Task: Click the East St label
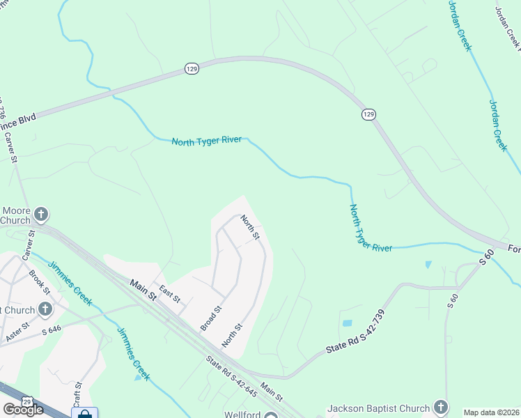[169, 294]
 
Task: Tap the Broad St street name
[210, 317]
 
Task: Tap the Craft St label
[78, 394]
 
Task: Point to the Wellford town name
[242, 414]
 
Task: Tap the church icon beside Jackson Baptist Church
[440, 407]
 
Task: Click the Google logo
[23, 410]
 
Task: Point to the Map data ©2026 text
[491, 412]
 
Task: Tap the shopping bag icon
[85, 414]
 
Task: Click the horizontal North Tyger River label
[207, 141]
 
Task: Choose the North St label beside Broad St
[232, 336]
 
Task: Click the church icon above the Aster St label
[45, 309]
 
